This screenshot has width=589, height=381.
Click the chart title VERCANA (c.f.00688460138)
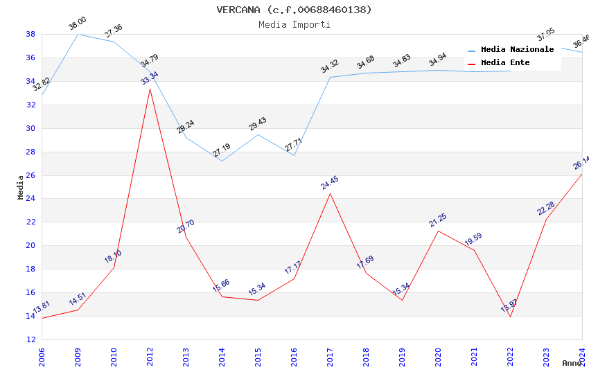click(x=294, y=10)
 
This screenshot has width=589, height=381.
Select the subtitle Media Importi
click(x=294, y=24)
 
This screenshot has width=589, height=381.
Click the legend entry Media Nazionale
click(x=517, y=49)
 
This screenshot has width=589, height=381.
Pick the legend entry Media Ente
click(x=504, y=62)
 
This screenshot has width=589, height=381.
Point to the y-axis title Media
click(x=21, y=187)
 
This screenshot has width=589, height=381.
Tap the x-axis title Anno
click(x=572, y=363)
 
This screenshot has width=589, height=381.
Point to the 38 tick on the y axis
click(x=30, y=34)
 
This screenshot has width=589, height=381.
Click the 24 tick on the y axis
click(x=30, y=199)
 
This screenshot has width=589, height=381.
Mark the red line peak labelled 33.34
click(x=150, y=89)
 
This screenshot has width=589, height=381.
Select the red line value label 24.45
click(x=330, y=183)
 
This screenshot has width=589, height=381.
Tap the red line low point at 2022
click(x=510, y=317)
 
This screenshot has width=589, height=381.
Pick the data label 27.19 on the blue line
click(x=222, y=150)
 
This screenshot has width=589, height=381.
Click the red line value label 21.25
click(x=438, y=220)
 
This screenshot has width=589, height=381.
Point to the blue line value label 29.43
click(x=258, y=124)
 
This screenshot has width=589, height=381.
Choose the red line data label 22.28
click(x=546, y=209)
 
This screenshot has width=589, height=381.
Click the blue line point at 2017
click(x=330, y=77)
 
